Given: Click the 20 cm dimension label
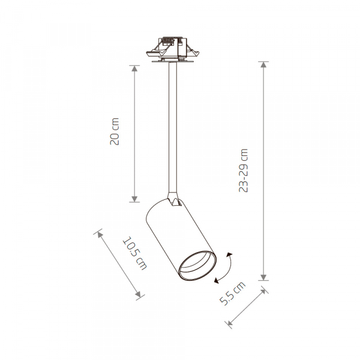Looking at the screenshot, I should coord(116,133).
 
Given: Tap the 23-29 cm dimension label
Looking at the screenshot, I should coord(243,170).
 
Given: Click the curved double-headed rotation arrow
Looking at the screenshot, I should coord(224,268).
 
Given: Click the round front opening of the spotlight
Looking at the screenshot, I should coord(197,266).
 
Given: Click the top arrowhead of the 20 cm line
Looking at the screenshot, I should coord(134,67).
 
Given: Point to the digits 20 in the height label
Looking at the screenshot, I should coord(116,139).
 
